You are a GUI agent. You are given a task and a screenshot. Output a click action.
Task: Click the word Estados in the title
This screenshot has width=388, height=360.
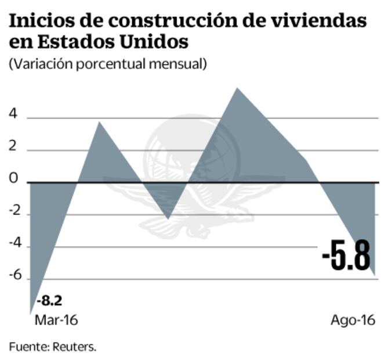coord(72,44)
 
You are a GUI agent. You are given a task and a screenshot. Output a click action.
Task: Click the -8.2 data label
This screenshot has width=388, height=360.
coord(49,301)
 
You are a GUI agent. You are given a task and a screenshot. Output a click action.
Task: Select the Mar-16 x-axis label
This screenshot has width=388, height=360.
coord(56,321)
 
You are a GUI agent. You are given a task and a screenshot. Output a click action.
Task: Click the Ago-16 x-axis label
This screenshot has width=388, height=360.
coord(353,321)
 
